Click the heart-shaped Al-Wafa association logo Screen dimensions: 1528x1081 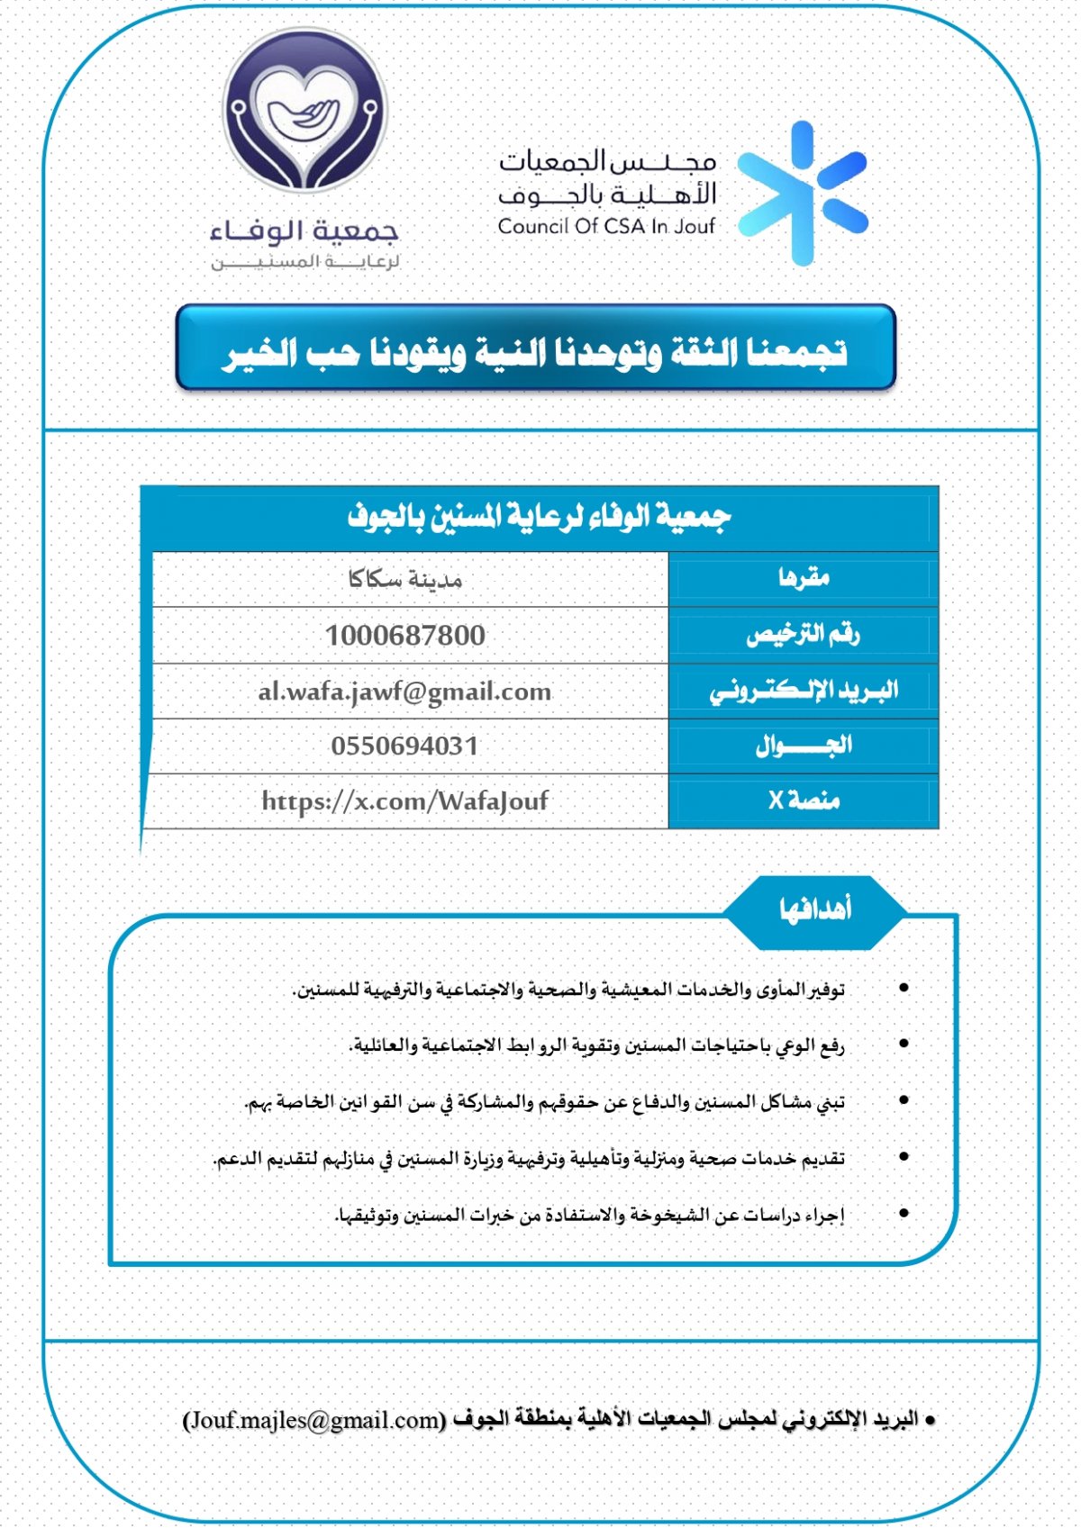tap(305, 110)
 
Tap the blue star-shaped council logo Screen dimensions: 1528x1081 tap(802, 194)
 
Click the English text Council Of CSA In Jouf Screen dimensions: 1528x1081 tap(606, 226)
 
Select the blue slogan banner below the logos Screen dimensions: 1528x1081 tap(536, 348)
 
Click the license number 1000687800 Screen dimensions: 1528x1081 tap(405, 636)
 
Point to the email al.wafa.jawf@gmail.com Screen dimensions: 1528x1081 tap(404, 692)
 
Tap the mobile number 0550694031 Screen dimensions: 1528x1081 tap(404, 746)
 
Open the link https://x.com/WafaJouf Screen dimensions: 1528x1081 tap(404, 800)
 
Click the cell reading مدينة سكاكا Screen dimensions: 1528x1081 tap(405, 579)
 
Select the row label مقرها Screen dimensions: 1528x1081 tap(804, 578)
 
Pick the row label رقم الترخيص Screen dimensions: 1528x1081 tap(803, 636)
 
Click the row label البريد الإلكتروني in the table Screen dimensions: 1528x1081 tap(804, 691)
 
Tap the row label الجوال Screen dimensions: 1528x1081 tap(804, 746)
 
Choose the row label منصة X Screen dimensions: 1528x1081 tap(804, 800)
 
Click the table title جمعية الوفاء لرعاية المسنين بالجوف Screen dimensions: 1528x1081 tap(539, 517)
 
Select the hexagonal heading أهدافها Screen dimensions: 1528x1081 tap(815, 910)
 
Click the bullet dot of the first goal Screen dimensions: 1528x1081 tap(904, 988)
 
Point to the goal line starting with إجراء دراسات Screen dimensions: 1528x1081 tap(590, 1216)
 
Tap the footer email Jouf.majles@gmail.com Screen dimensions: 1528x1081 tap(314, 1420)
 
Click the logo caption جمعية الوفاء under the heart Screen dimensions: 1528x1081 tap(304, 231)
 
